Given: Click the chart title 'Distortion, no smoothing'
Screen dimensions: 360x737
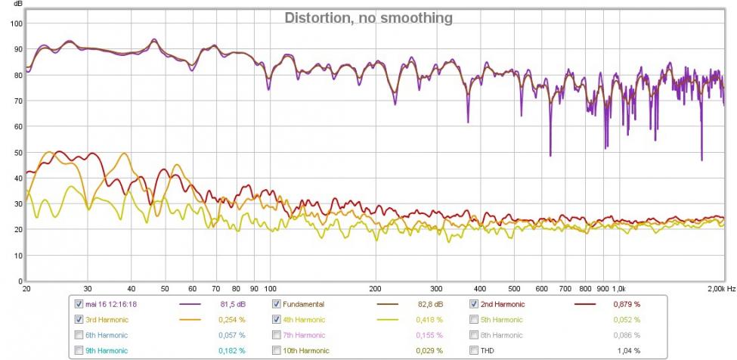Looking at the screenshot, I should pos(368,17).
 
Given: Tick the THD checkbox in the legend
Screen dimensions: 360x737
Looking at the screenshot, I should pos(474,350).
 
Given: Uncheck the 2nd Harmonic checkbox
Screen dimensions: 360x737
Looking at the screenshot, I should pos(474,304).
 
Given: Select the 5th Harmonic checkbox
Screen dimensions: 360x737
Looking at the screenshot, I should pos(474,320).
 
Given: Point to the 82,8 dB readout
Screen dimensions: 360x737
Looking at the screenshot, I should pos(429,304).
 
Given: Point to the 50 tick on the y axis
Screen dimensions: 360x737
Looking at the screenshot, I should pos(15,152).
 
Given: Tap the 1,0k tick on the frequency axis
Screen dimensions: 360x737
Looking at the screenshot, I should pos(618,288).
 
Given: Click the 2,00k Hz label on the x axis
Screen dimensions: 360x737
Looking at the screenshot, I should pos(721,288).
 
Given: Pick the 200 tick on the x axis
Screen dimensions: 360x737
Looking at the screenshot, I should pos(375,288).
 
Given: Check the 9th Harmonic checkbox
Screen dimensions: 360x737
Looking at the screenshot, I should pos(79,350).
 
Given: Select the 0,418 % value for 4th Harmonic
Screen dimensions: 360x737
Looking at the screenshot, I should pos(429,320).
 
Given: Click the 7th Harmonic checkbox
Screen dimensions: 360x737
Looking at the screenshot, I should pos(277,335).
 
